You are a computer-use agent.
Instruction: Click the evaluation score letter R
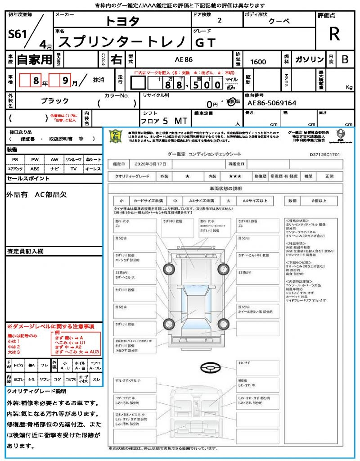tap(334, 34)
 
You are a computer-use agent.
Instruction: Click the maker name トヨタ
tap(122, 21)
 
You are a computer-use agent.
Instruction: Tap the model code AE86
tap(184, 60)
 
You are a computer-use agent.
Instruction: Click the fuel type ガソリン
tap(309, 60)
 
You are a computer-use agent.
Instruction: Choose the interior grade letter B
tap(345, 60)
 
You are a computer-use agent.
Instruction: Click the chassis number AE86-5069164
tap(272, 103)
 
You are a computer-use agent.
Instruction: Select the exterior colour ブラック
tap(55, 101)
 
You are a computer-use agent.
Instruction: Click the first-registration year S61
tap(18, 35)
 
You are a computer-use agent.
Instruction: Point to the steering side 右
tap(117, 59)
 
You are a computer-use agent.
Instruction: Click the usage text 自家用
tap(34, 59)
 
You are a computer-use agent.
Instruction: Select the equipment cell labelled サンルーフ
tap(74, 159)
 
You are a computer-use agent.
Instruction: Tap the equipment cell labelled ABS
tap(35, 169)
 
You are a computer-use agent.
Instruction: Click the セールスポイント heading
tap(28, 179)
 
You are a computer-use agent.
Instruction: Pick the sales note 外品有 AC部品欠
tap(37, 194)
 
